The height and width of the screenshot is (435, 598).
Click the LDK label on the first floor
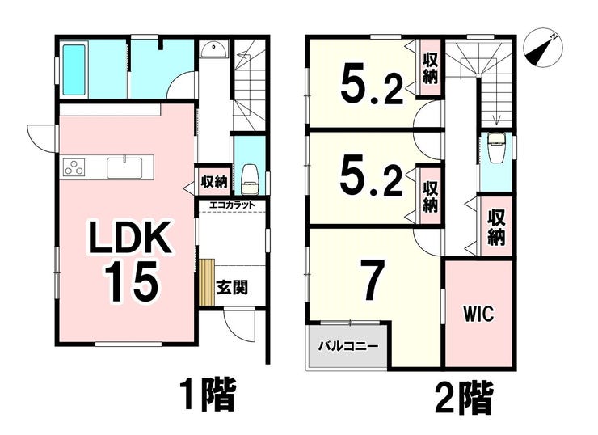pos(129,238)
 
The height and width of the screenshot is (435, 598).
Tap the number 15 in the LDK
pos(131,282)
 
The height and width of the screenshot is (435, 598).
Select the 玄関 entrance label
pos(232,287)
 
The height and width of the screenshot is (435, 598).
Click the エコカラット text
pos(231,205)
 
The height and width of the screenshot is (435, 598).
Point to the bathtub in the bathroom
pos(74,70)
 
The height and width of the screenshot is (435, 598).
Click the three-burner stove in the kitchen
pos(74,167)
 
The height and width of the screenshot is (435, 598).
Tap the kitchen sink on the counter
pos(124,168)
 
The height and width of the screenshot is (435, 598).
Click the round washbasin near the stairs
pos(213,49)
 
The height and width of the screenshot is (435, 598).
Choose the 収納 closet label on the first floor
pos(214,181)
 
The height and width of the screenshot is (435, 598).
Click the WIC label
pos(478,314)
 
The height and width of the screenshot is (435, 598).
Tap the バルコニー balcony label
pos(348,346)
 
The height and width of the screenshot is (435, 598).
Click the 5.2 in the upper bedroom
pos(372,84)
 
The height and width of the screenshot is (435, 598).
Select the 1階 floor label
pos(208,395)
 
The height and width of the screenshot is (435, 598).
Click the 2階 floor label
pos(465,399)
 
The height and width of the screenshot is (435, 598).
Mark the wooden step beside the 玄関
pos(207,281)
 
